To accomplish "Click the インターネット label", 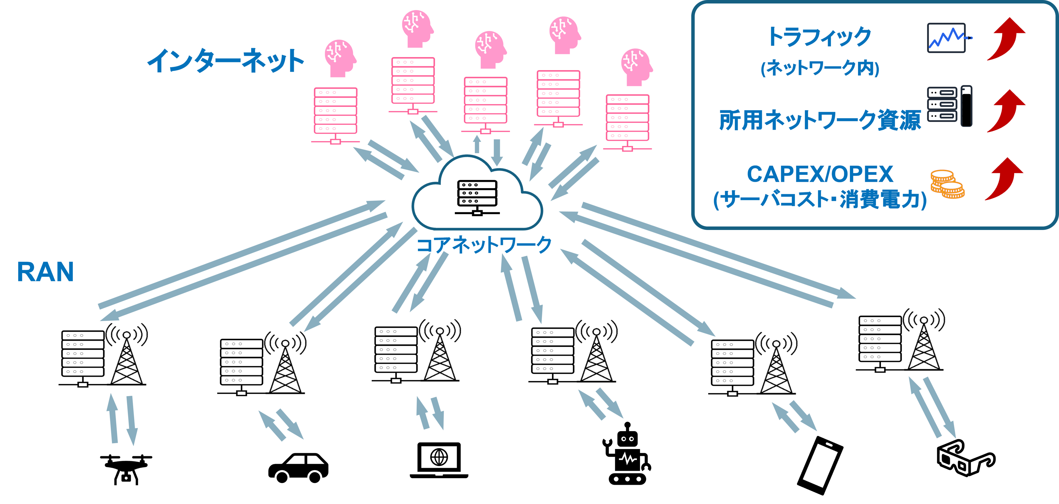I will [x=225, y=61].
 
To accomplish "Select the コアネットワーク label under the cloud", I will [x=484, y=245].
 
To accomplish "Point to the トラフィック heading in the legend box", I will [x=819, y=37].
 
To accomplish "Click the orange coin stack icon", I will [x=947, y=184].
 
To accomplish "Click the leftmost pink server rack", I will [x=335, y=114].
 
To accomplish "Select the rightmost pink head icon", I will [x=637, y=67].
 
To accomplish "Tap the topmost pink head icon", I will [x=417, y=28].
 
